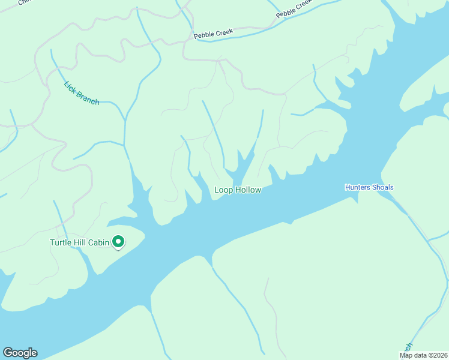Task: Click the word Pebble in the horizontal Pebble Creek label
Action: coord(204,35)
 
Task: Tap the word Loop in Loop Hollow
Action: coord(223,190)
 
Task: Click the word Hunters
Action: coord(357,187)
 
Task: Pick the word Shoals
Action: coord(382,187)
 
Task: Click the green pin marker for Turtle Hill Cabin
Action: coord(118,242)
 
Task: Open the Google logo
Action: coord(20,353)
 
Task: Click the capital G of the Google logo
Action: coord(8,353)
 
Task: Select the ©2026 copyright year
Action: coord(438,355)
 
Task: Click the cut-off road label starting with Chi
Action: coord(24,2)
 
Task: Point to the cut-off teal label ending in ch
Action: coord(409,347)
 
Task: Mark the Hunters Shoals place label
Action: coord(369,187)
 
